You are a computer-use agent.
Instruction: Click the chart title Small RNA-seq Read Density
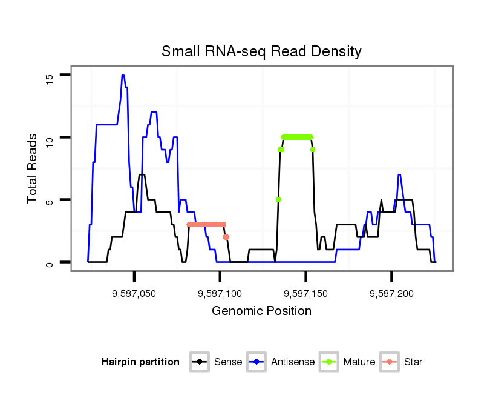261,51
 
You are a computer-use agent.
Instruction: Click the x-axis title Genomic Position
261,311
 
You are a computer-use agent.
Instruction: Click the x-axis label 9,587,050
134,294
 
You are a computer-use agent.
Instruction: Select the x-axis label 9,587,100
220,294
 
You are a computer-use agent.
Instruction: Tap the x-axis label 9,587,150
305,294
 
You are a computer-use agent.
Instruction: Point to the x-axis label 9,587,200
391,294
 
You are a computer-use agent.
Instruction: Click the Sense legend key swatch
199,362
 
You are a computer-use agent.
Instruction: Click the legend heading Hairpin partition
140,362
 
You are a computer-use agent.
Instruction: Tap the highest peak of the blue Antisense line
123,75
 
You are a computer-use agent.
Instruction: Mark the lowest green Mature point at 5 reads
278,199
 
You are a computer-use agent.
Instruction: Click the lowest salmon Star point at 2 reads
226,237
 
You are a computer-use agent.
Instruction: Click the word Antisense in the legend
293,362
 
